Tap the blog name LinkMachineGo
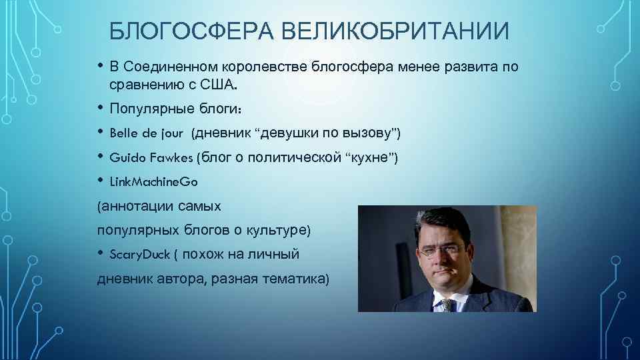[x=153, y=182]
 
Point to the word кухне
[x=371, y=158]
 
